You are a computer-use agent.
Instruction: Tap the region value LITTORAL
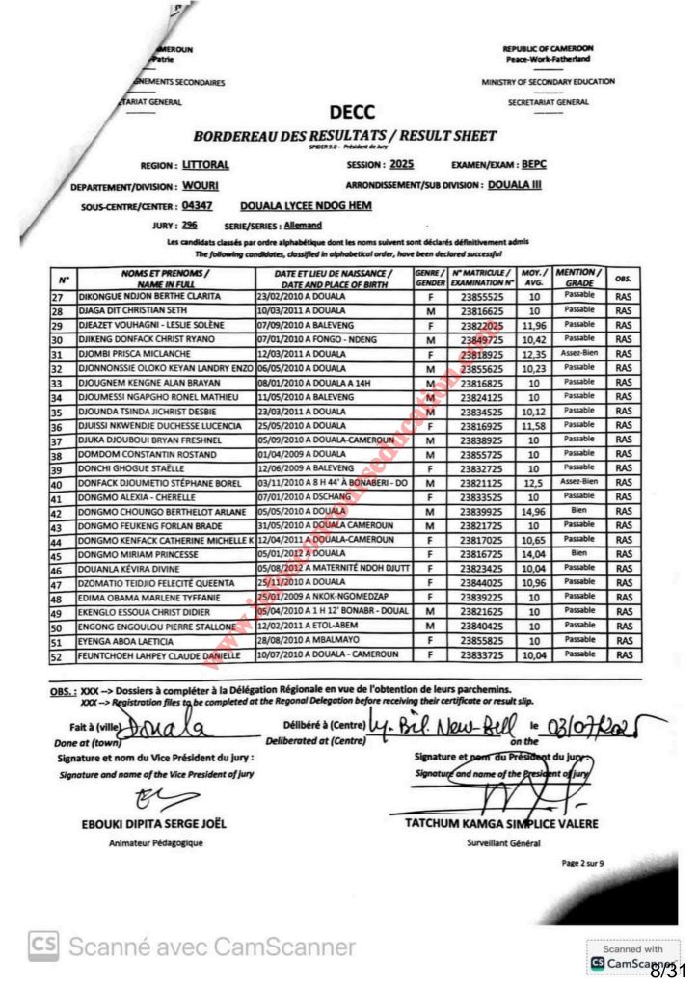[206, 165]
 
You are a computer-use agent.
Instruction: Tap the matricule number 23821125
[476, 481]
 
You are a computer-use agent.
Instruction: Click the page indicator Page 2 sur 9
[582, 864]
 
